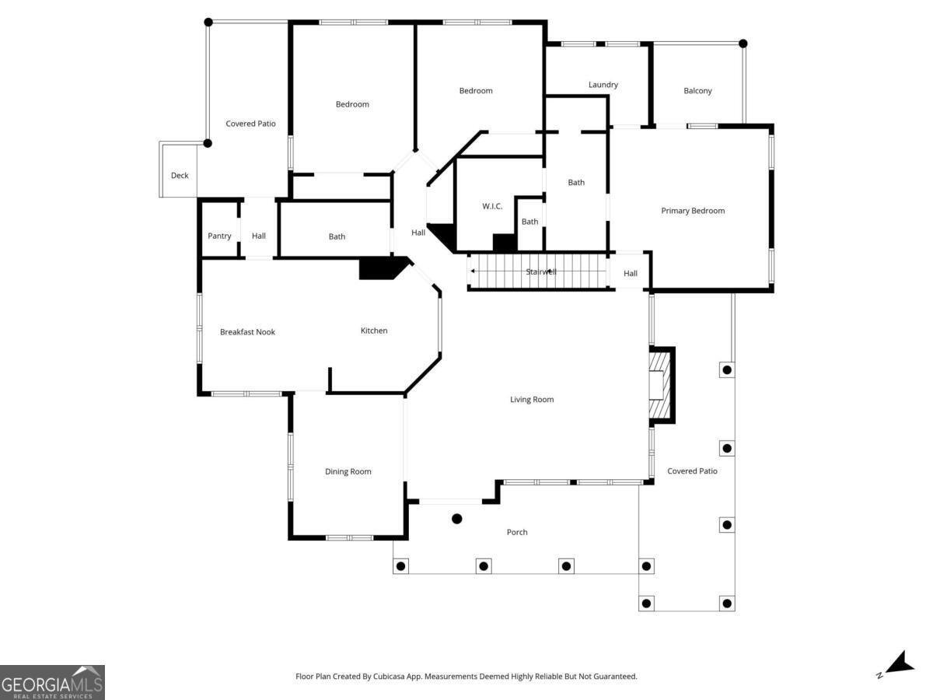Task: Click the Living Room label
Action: (532, 400)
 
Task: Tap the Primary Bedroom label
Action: (693, 211)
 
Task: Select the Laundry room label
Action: (603, 85)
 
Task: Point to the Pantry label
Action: (219, 236)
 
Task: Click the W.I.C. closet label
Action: (492, 206)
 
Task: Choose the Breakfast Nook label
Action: (247, 332)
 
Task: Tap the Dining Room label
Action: (348, 471)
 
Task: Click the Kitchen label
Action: (374, 331)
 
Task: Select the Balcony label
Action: (697, 90)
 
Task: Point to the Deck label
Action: (180, 176)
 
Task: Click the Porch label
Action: (517, 532)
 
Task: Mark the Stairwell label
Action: (540, 271)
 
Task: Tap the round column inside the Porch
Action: (457, 519)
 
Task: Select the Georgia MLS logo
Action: (52, 683)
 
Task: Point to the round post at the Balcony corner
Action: (743, 44)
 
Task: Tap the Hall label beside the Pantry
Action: (259, 236)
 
